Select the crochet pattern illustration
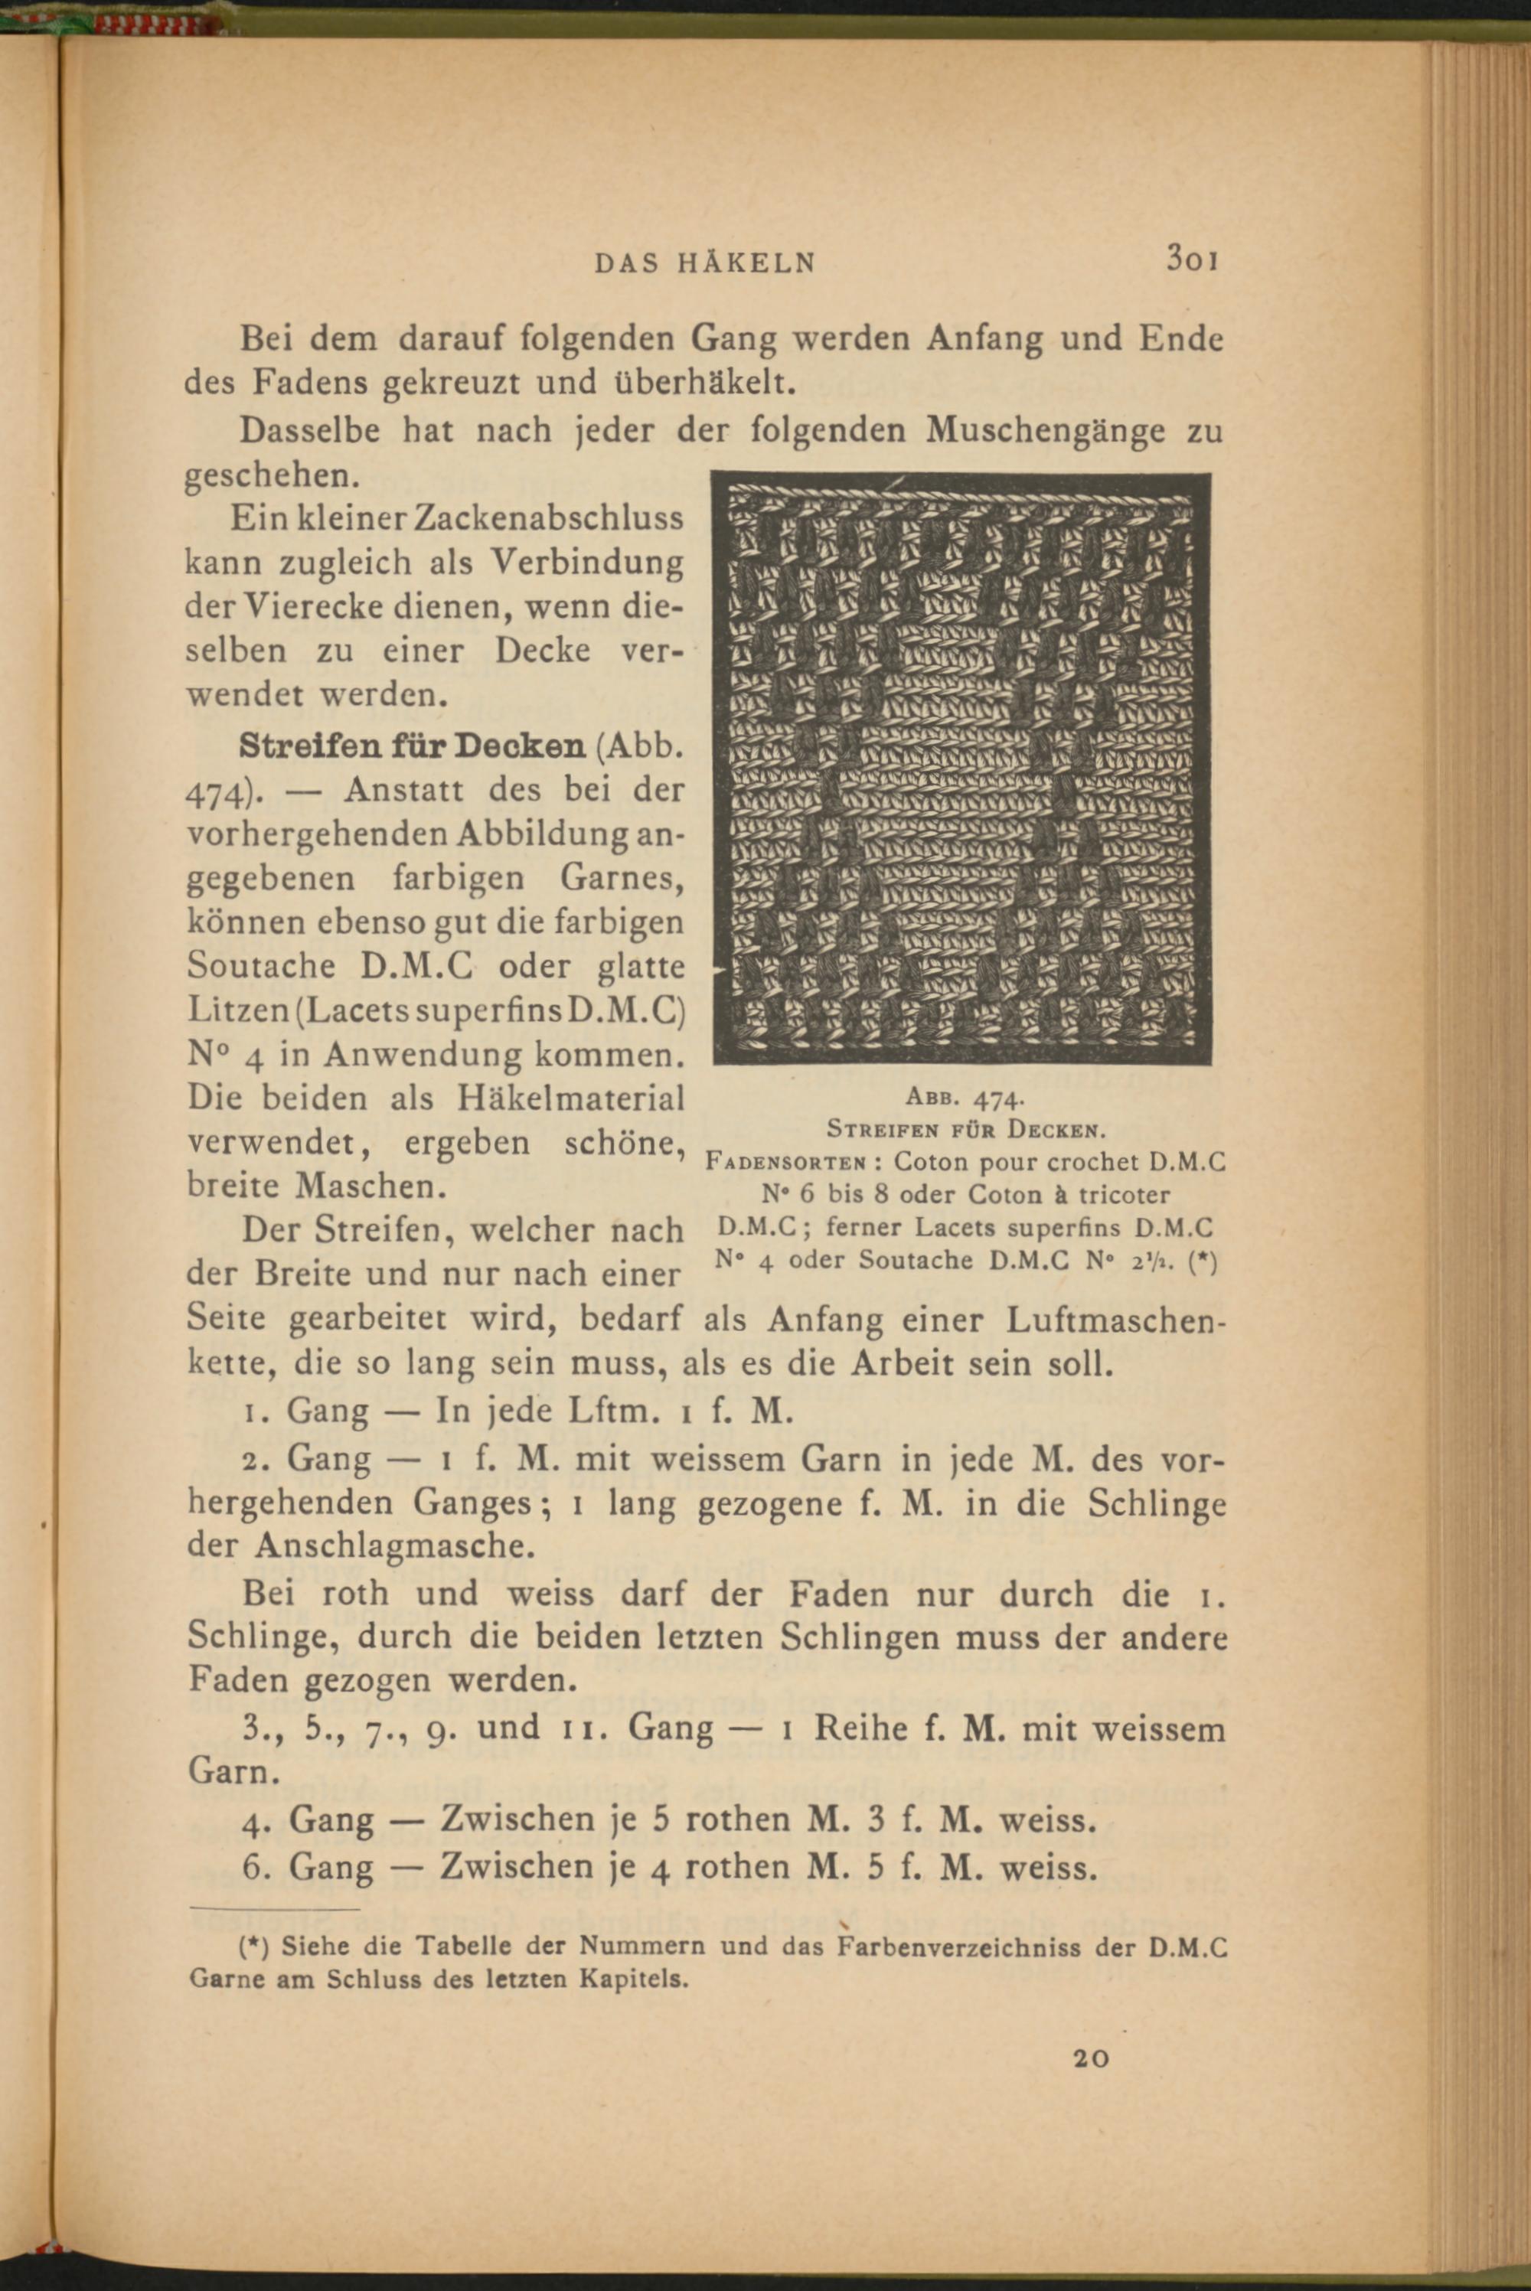pyautogui.click(x=961, y=769)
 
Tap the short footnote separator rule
pyautogui.click(x=274, y=1908)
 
